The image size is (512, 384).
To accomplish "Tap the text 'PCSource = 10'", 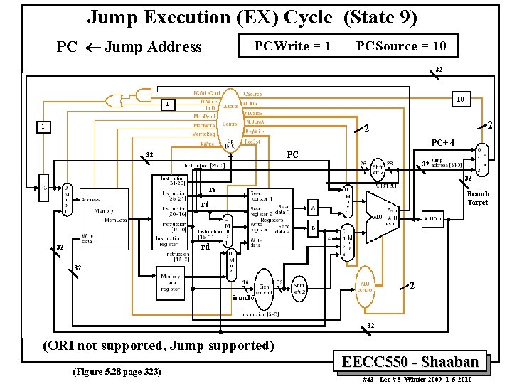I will point(401,46).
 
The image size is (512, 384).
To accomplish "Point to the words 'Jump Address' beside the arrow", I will point(152,48).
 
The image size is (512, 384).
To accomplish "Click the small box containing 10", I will point(460,100).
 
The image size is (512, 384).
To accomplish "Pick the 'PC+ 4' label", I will point(443,142).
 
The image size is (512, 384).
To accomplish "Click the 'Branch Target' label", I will point(478,198).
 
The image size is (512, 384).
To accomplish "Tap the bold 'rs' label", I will point(212,189).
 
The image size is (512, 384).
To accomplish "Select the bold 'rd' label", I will point(205,247).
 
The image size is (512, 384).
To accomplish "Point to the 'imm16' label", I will point(243,298).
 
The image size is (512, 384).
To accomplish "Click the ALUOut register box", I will point(432,218).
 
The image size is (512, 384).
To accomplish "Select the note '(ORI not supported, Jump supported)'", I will point(159,346).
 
